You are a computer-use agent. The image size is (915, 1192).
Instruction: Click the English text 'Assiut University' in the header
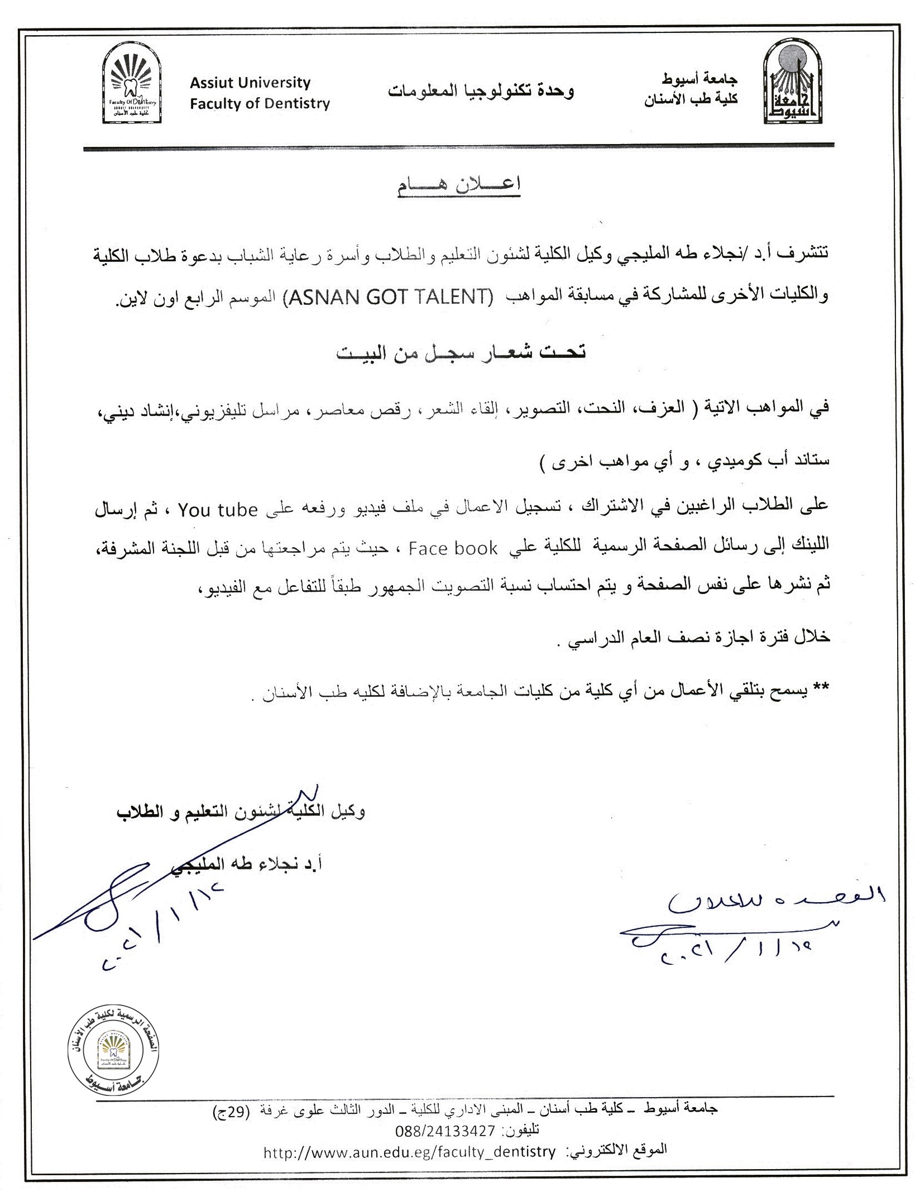point(250,83)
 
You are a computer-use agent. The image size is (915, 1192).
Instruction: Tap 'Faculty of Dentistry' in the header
point(260,104)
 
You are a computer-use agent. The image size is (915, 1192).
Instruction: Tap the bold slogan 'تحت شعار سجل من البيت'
point(461,353)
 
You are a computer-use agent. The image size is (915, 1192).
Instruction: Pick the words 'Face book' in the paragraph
point(453,549)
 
